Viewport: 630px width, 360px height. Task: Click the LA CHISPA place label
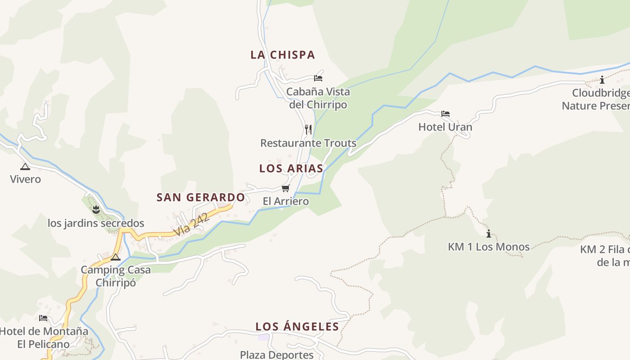click(283, 55)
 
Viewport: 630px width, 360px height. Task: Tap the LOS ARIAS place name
click(291, 168)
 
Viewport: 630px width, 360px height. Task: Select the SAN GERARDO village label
click(201, 197)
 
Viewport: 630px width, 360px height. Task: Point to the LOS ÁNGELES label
click(297, 327)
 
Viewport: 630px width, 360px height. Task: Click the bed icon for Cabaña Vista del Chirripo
click(318, 78)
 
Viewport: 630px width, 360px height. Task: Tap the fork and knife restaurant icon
click(308, 130)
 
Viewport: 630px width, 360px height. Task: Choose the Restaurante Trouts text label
click(308, 143)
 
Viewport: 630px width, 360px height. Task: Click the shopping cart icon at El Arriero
click(285, 188)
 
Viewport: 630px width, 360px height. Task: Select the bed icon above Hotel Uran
click(445, 114)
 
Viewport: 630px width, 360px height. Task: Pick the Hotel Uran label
click(445, 127)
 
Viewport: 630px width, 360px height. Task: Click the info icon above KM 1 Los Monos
click(489, 234)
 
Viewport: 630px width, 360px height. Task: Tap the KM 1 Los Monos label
click(489, 247)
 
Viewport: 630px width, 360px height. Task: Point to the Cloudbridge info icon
click(602, 80)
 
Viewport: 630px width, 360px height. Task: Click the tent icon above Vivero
click(25, 166)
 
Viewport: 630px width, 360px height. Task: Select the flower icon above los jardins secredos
click(95, 209)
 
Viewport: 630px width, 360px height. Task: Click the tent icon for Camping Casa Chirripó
click(116, 257)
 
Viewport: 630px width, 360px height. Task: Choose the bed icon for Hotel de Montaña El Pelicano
click(43, 318)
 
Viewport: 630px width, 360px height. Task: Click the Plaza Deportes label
click(277, 355)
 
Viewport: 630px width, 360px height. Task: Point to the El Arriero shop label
click(286, 201)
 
